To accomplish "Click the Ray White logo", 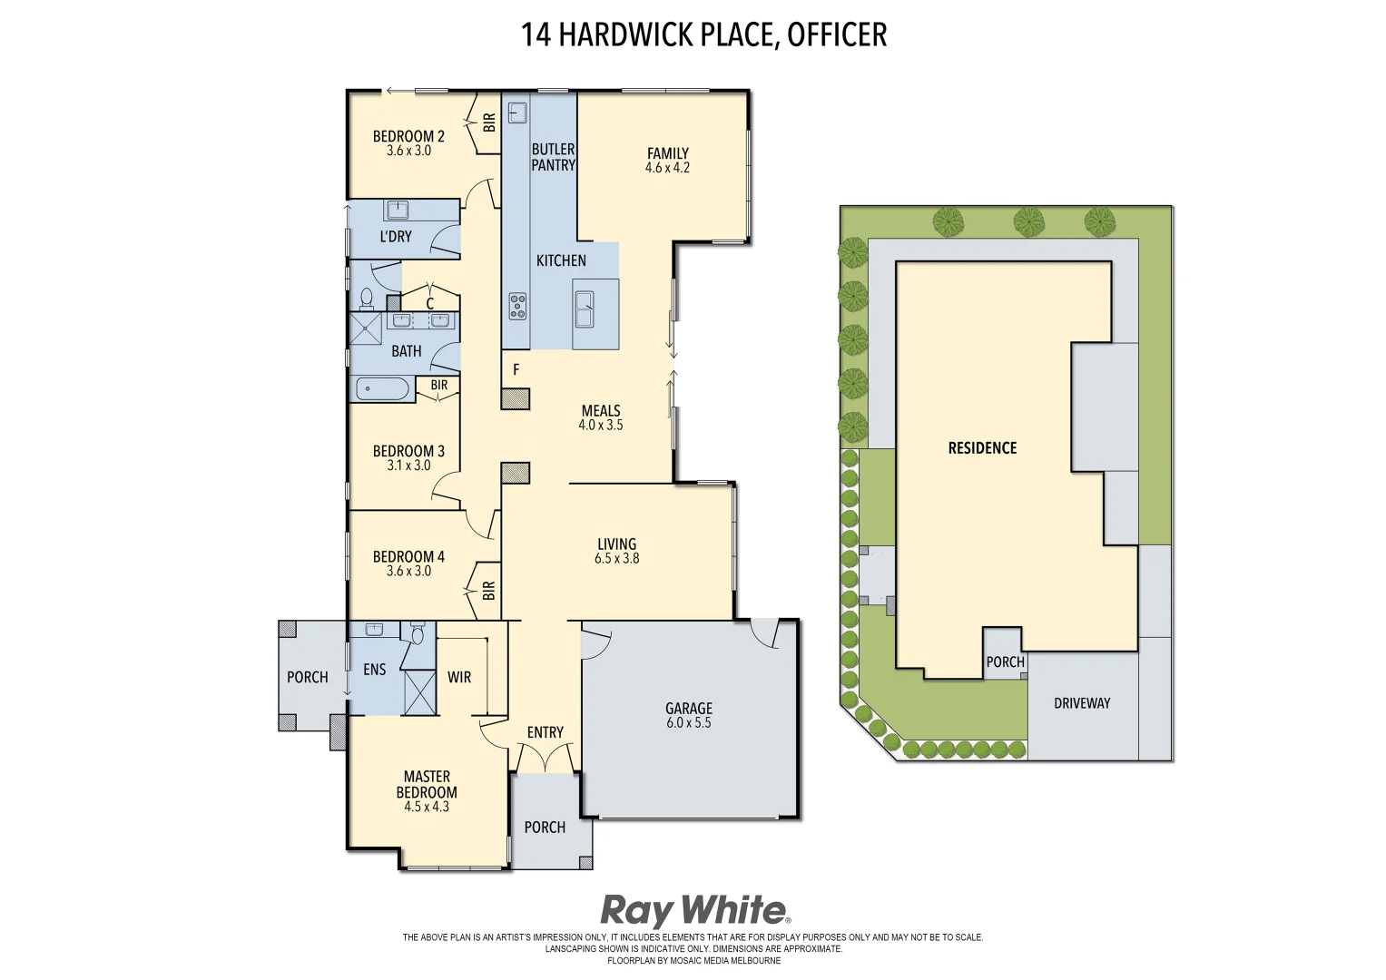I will click(x=694, y=910).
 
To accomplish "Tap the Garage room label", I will click(x=689, y=709).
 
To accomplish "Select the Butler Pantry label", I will click(x=553, y=157).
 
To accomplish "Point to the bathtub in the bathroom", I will click(x=382, y=390).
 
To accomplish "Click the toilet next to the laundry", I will click(x=367, y=297).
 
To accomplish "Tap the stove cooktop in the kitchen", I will click(x=517, y=305).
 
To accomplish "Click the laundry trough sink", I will click(x=398, y=211).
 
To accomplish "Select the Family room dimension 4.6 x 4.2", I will click(x=667, y=168).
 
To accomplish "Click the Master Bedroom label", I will click(x=427, y=784).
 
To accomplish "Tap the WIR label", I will click(x=459, y=677).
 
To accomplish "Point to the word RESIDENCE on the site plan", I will click(x=982, y=448).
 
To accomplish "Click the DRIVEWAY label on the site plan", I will click(x=1082, y=703).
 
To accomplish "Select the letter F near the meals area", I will click(x=516, y=370).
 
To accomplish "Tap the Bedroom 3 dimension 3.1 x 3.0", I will click(x=408, y=465).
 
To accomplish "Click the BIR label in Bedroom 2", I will click(x=489, y=122).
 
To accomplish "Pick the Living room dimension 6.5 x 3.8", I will click(x=617, y=559).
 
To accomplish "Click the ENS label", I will click(x=375, y=670).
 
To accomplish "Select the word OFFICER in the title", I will click(x=837, y=34).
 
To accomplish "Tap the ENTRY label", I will click(x=546, y=732).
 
